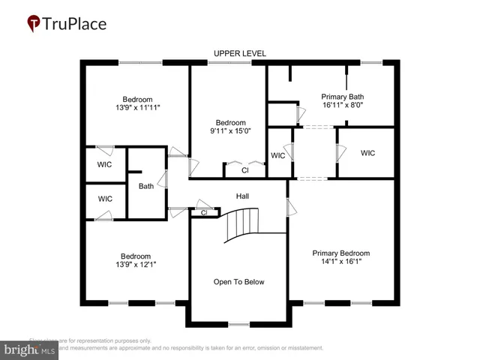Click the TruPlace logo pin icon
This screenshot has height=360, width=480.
click(34, 24)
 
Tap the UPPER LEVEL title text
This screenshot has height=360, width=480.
click(240, 53)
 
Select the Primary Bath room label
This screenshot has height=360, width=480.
click(342, 97)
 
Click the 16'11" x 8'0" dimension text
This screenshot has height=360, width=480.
click(342, 106)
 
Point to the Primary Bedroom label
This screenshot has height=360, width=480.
click(341, 253)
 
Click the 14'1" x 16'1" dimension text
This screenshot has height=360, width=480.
click(341, 263)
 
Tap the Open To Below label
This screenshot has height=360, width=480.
click(239, 282)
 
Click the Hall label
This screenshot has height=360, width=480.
click(242, 196)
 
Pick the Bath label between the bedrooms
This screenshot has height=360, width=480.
click(145, 186)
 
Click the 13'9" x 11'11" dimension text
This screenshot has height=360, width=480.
click(137, 108)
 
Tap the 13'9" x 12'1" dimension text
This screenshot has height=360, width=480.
click(136, 265)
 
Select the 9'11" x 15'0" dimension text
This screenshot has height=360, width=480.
click(230, 131)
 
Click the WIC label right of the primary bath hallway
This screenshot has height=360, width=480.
click(367, 153)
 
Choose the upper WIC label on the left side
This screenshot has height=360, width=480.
click(105, 164)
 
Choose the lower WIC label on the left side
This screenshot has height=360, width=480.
click(105, 199)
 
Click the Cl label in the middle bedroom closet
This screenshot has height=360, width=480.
click(244, 170)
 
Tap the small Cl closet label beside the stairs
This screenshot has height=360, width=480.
click(203, 213)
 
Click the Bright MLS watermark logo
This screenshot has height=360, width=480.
click(30, 349)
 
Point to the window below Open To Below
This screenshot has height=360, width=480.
click(238, 324)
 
